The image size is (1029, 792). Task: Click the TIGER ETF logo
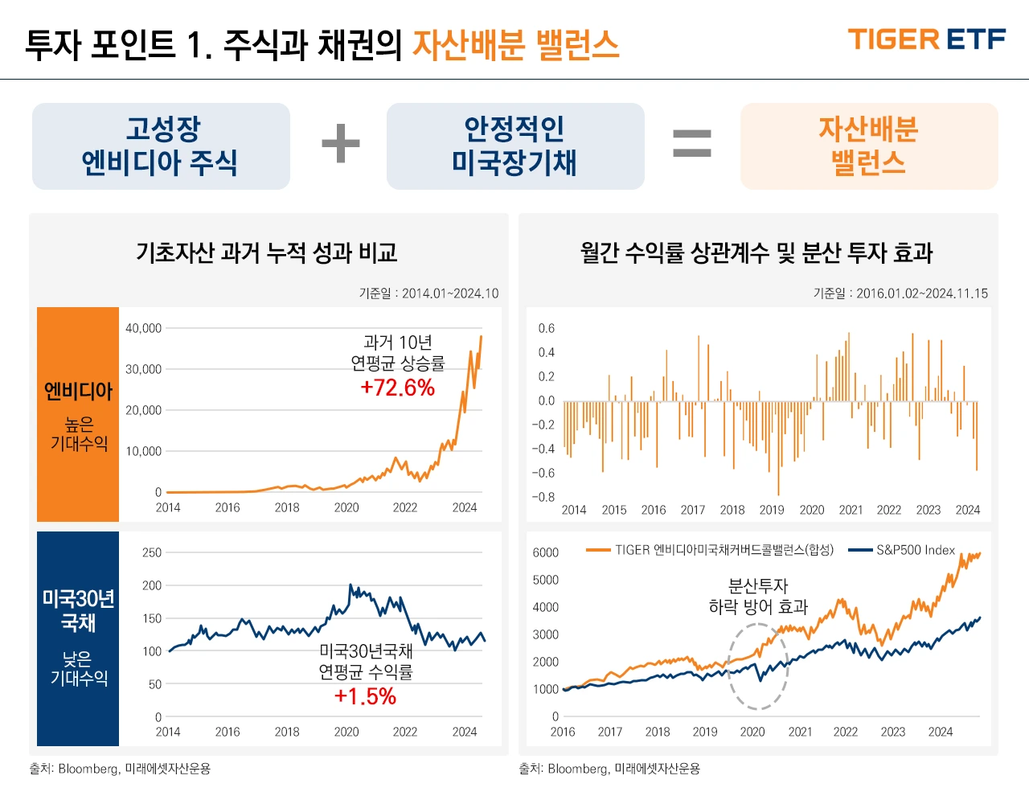coord(926,39)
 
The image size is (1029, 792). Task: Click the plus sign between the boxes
coord(341,145)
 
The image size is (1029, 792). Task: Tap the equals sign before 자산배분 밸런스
coord(691,145)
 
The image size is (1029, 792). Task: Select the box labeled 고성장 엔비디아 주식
coord(161,146)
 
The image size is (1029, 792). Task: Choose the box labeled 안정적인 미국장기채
coord(514,146)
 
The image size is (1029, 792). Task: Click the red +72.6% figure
coord(397,388)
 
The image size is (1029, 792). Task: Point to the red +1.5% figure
coord(365,696)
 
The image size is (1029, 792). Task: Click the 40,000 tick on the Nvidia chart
coord(143,328)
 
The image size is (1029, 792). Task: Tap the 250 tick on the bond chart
coord(151,552)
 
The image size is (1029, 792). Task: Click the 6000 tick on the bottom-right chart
coord(545,552)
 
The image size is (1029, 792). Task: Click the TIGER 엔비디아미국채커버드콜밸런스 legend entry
coord(711,550)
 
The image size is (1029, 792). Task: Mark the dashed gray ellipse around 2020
coord(757,667)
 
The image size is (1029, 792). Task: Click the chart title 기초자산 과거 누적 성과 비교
coord(267,253)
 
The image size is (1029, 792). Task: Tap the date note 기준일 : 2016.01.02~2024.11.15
coord(900,293)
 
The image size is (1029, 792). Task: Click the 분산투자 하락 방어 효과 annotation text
coord(757,597)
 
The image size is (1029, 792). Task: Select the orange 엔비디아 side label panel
coord(78,414)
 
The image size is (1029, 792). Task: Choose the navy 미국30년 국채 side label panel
coord(78,638)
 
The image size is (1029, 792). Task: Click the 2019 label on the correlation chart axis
coord(772,510)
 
